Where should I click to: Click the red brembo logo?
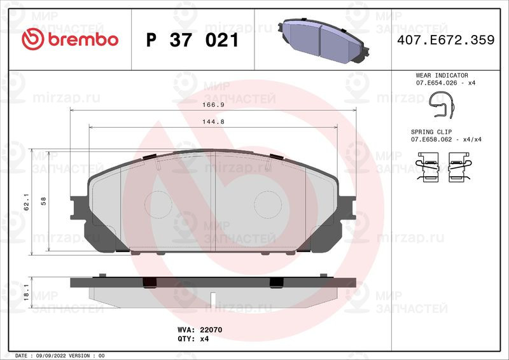tap(70, 39)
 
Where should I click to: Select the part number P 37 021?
tap(193, 40)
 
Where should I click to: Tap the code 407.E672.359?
tap(446, 40)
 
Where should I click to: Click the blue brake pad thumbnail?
tap(323, 41)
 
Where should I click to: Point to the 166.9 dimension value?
tap(213, 105)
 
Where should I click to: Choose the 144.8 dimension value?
tap(213, 122)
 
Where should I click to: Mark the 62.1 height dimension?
tap(26, 202)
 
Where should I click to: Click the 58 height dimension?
tap(43, 201)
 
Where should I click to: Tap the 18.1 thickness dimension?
tap(26, 293)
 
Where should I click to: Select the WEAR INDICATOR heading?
tap(442, 75)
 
